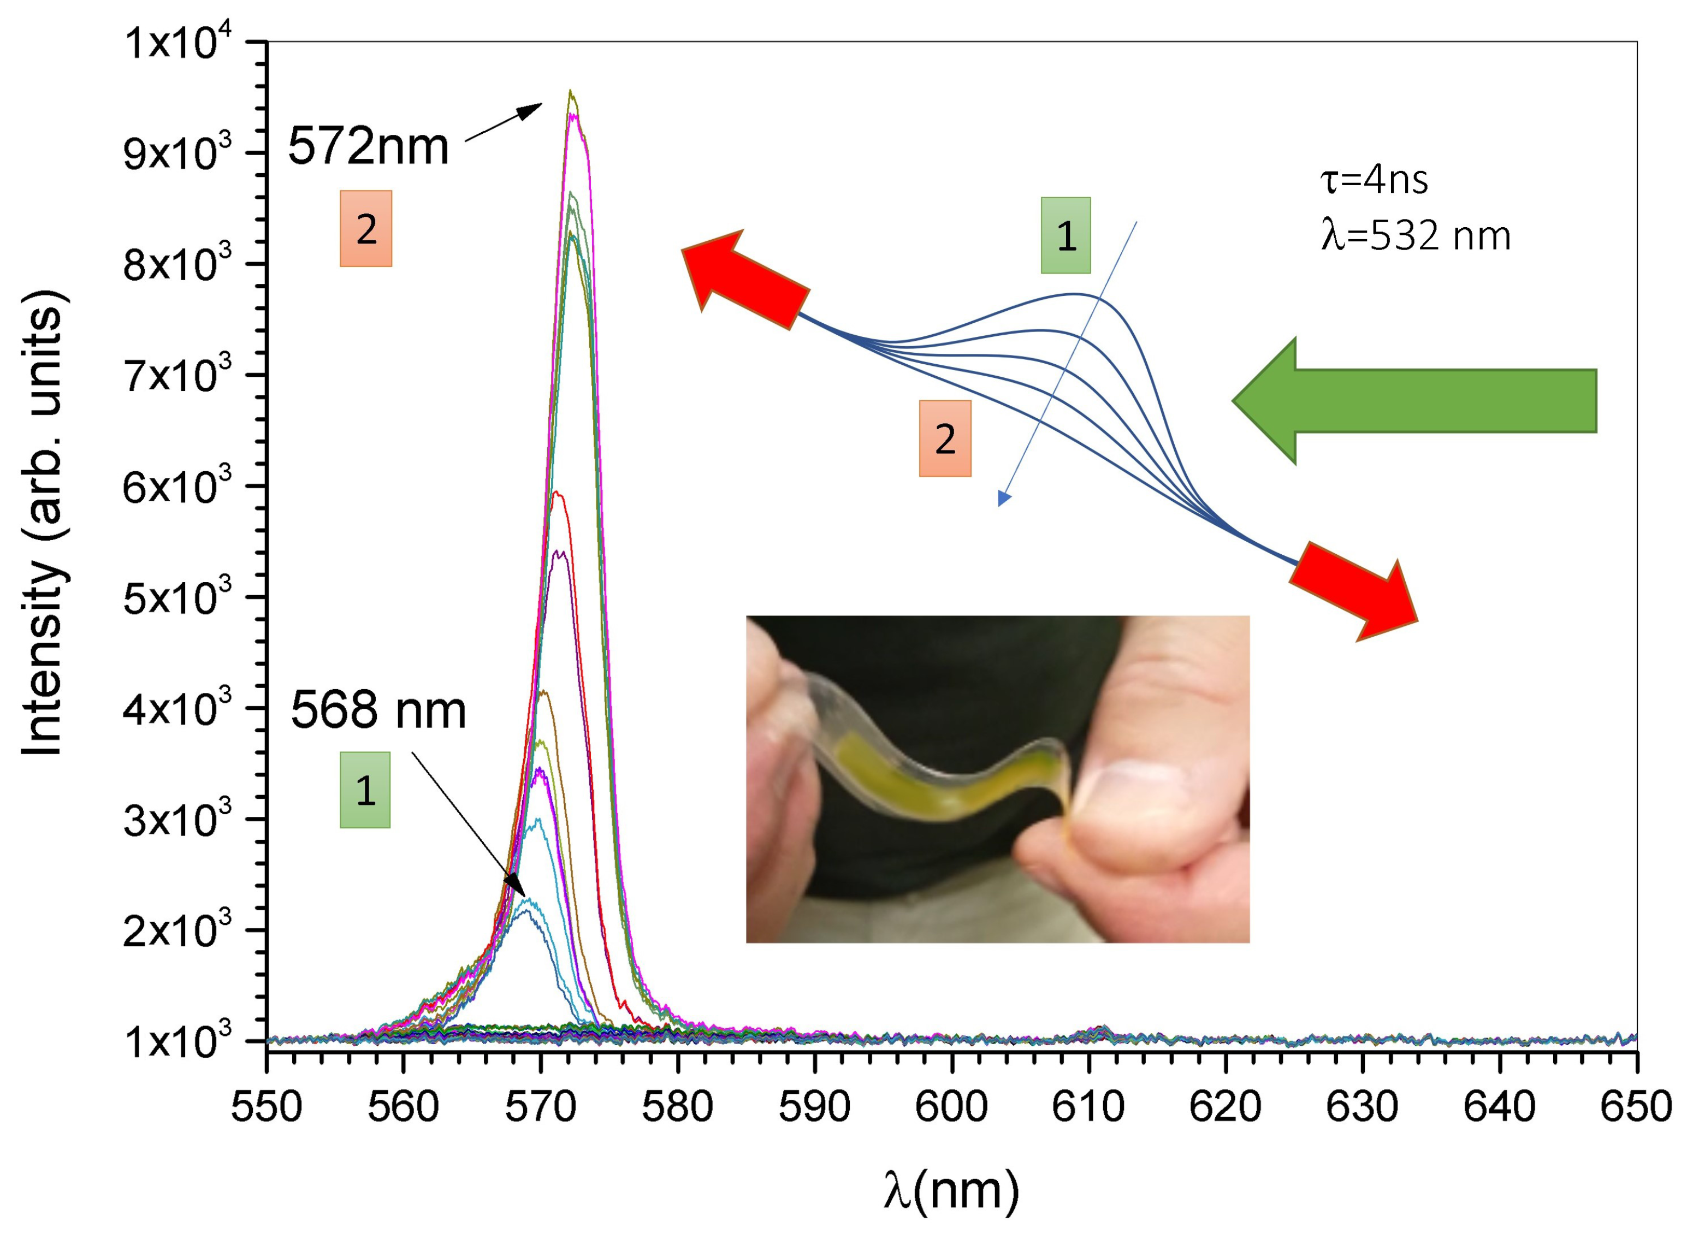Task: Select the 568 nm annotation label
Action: (x=378, y=710)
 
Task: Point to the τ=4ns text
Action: (x=1374, y=180)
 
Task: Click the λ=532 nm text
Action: (x=1415, y=236)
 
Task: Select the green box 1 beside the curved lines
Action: (x=1066, y=236)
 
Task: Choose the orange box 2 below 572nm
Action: (x=366, y=228)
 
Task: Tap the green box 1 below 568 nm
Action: (x=365, y=790)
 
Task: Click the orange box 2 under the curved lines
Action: (x=944, y=438)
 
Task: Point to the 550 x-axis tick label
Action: (x=267, y=1107)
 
